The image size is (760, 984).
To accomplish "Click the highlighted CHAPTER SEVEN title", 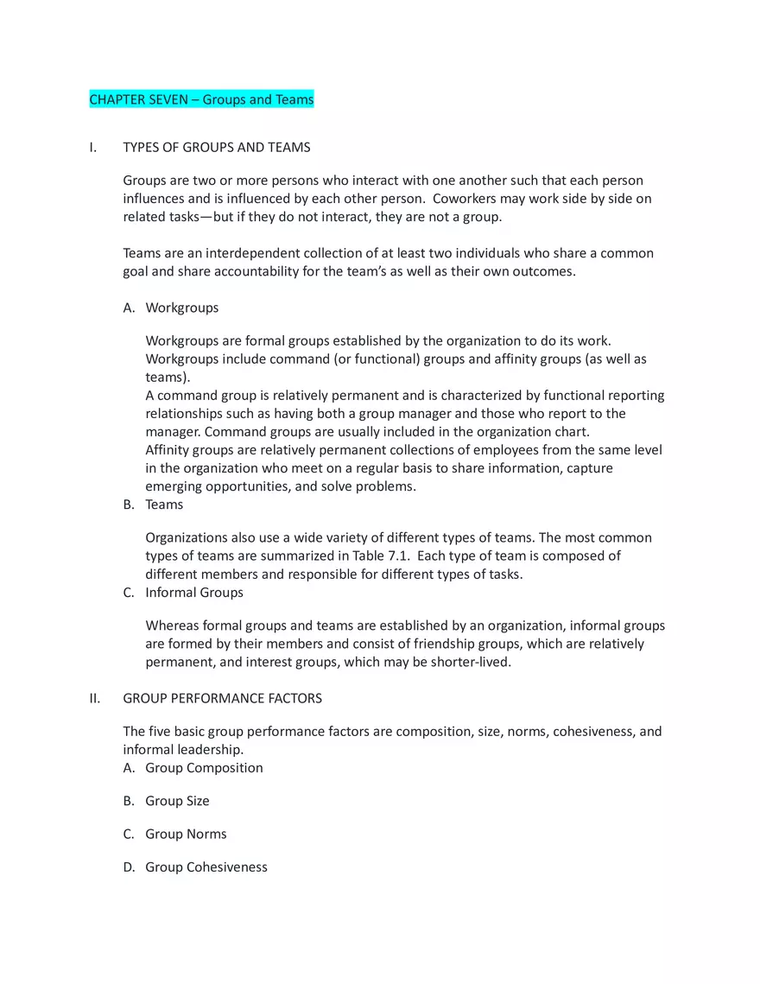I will coord(201,100).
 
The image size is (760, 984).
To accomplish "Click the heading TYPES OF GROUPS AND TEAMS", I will coord(217,148).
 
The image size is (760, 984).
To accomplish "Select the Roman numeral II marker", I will coord(95,698).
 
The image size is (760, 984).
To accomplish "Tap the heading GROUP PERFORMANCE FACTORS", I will coord(223,698).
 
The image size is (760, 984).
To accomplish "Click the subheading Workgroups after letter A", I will coord(182,308).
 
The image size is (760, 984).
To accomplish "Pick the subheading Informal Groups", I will coord(194,593).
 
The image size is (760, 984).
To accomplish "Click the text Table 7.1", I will coord(382,555).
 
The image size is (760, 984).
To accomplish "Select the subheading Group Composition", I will coord(204,768).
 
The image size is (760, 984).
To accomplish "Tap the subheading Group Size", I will coord(177,801).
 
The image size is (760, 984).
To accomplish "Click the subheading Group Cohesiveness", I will coord(206,867).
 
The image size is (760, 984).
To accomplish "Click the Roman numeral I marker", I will coord(92,148).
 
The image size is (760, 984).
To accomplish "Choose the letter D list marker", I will coord(129,867).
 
